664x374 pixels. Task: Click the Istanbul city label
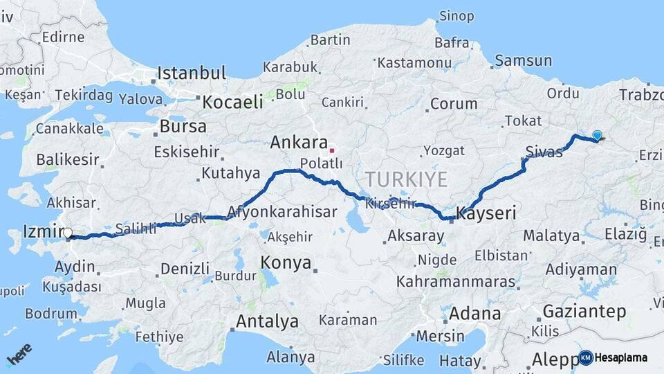(x=192, y=73)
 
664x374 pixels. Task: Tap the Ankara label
(x=299, y=143)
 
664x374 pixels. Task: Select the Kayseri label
(x=486, y=214)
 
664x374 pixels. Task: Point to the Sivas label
(x=544, y=152)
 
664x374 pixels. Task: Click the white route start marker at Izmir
(x=68, y=234)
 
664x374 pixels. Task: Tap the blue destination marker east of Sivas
(x=597, y=136)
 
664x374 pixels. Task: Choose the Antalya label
(x=267, y=321)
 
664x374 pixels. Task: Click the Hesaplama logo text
(x=620, y=358)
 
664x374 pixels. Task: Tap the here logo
(x=19, y=354)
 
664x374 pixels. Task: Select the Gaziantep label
(x=584, y=311)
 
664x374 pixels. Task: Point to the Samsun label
(x=523, y=61)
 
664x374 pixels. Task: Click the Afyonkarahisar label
(x=283, y=212)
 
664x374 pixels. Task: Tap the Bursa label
(x=183, y=126)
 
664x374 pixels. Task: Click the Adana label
(x=474, y=313)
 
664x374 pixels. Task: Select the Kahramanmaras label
(x=456, y=282)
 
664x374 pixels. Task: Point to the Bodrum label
(x=50, y=314)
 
